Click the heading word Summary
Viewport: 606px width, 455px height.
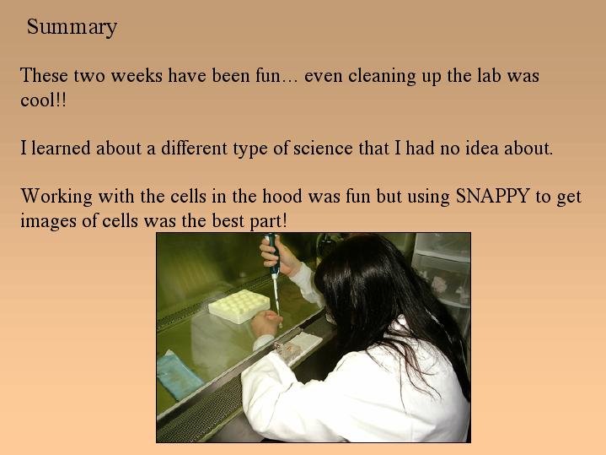(x=72, y=28)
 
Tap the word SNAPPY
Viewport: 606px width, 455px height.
(x=492, y=196)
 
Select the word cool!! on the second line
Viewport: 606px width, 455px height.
(x=43, y=100)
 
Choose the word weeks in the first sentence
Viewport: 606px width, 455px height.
(x=137, y=75)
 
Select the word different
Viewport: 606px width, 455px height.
(x=194, y=148)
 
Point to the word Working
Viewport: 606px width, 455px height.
(x=56, y=197)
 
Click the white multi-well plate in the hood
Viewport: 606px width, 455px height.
(x=239, y=306)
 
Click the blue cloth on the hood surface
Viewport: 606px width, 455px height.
(x=180, y=375)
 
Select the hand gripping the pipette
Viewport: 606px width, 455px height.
(x=280, y=257)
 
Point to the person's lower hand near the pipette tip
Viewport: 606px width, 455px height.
(x=266, y=323)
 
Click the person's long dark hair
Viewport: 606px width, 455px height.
(x=390, y=302)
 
